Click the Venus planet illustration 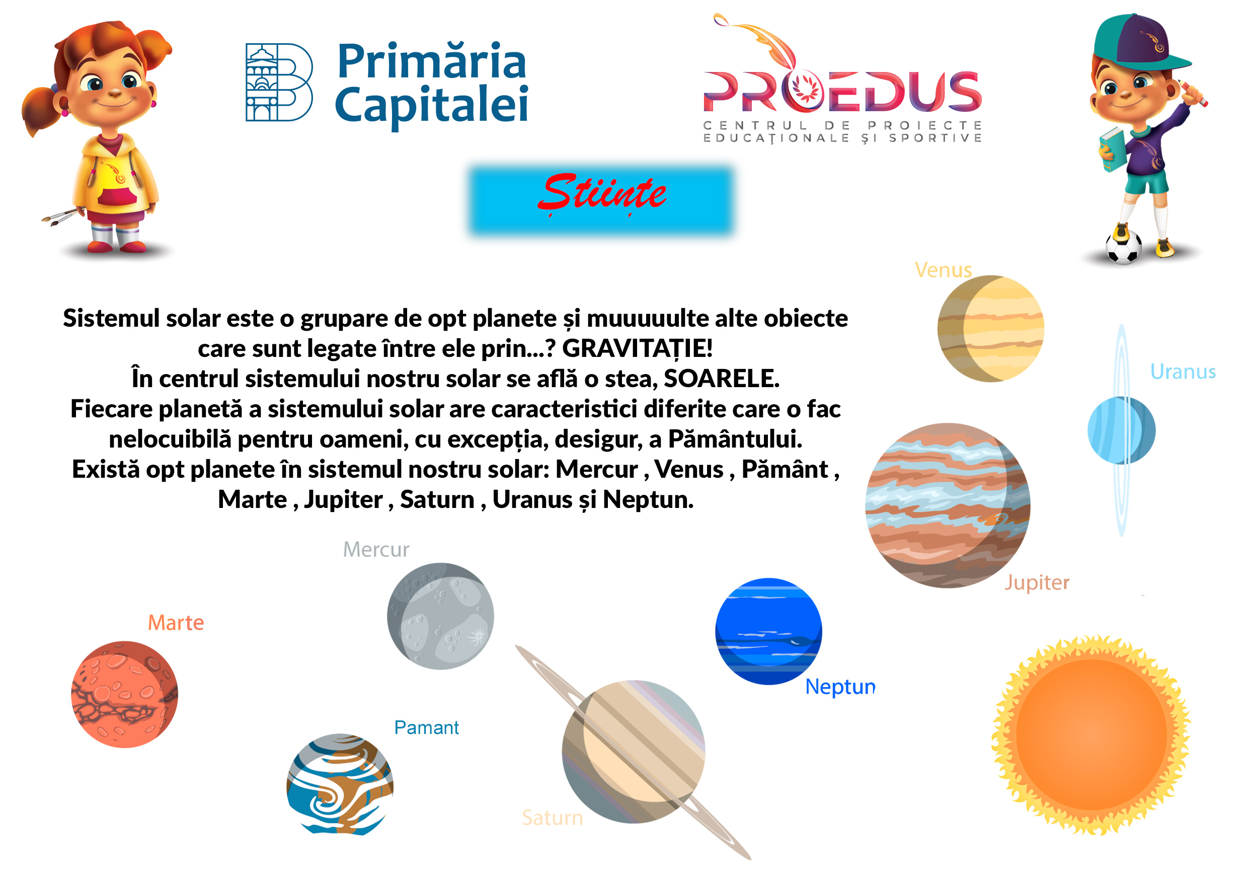tap(990, 328)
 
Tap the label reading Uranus tap(1183, 372)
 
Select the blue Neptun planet tap(768, 631)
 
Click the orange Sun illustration tap(1091, 734)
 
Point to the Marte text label tap(176, 623)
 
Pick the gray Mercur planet tap(440, 616)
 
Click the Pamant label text tap(426, 727)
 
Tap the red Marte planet tap(124, 694)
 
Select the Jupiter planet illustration tap(948, 505)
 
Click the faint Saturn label tap(552, 818)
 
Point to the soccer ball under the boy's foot tap(1124, 247)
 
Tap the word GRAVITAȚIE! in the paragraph tap(637, 348)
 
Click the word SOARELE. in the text tap(721, 379)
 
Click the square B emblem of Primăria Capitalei tap(279, 82)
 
